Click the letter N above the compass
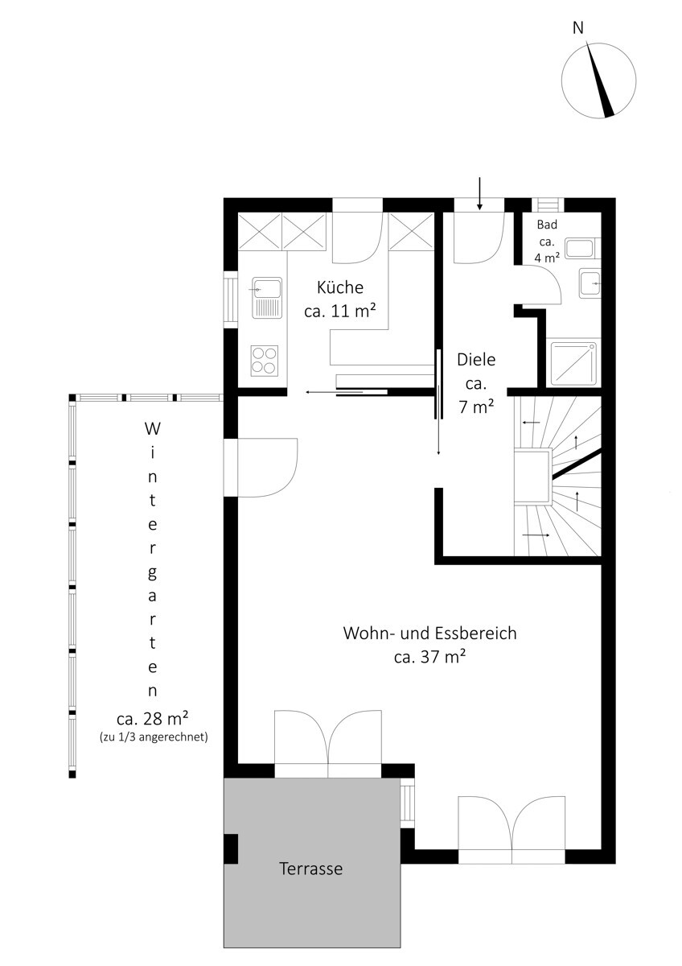point(577,28)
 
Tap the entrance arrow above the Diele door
point(479,194)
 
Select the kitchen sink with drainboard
point(267,298)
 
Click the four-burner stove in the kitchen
point(264,361)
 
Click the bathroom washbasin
point(590,283)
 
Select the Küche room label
point(340,287)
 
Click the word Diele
point(476,360)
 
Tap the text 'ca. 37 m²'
point(429,657)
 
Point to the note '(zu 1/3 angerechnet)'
point(154,737)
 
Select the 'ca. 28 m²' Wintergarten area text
point(152,718)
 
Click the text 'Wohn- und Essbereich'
point(429,633)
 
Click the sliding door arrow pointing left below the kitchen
point(335,392)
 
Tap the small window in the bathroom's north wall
point(547,204)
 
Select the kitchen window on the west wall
point(231,299)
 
